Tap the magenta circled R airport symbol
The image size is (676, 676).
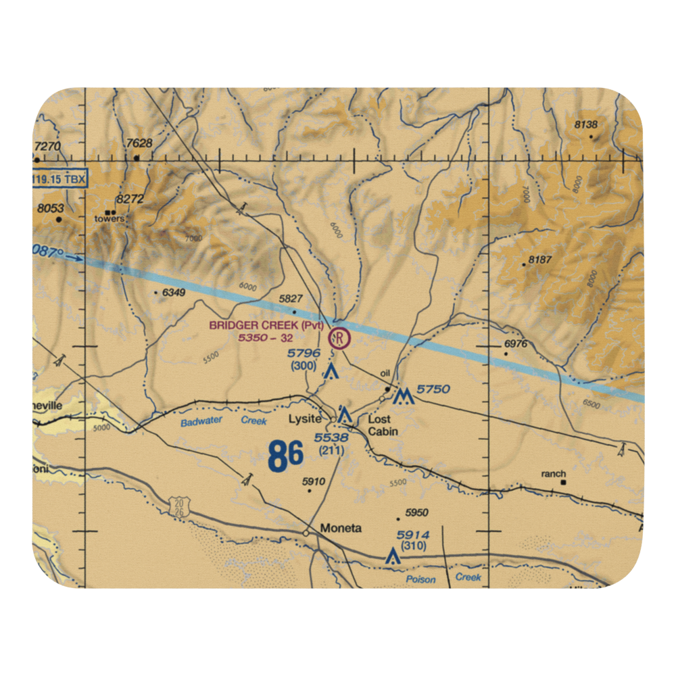click(x=339, y=337)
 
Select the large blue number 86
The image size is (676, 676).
click(x=285, y=457)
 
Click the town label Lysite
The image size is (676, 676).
click(x=304, y=419)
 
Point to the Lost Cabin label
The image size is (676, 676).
click(x=383, y=425)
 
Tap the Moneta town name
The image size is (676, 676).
click(x=341, y=528)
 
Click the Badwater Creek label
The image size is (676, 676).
click(x=224, y=422)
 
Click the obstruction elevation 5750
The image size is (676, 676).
click(x=433, y=389)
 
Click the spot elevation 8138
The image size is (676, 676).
click(x=585, y=124)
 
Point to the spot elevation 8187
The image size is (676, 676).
click(x=541, y=260)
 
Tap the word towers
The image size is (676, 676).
click(x=110, y=218)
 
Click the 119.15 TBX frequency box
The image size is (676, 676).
click(x=59, y=180)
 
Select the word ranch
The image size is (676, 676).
click(x=553, y=474)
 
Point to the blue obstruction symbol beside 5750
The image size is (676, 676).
click(x=404, y=397)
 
